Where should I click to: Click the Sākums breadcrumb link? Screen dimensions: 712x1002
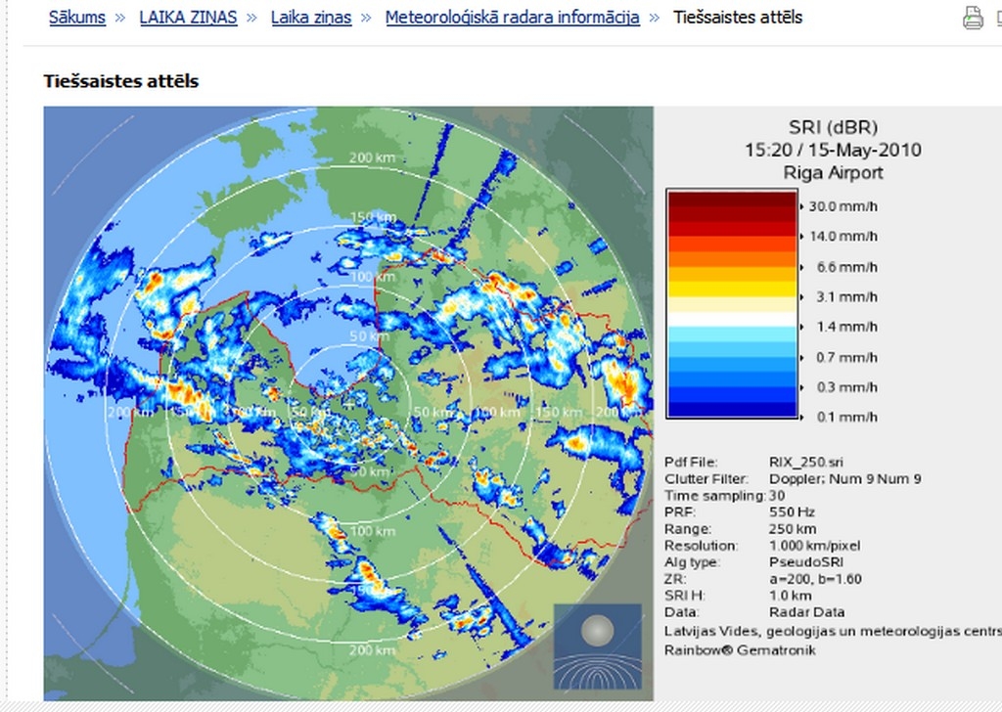click(x=77, y=18)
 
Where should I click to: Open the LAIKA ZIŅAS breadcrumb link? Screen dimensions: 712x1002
click(x=188, y=18)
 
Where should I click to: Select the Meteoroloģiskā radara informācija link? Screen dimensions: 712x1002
click(x=512, y=18)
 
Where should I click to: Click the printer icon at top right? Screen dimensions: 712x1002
click(x=973, y=18)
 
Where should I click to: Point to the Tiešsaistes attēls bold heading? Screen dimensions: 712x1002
click(x=121, y=81)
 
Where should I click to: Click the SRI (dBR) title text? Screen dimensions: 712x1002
click(x=833, y=127)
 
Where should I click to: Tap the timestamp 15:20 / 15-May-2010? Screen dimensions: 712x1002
click(x=833, y=151)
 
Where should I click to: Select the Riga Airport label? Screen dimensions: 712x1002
click(x=833, y=173)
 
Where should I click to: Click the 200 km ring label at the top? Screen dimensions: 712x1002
click(x=371, y=158)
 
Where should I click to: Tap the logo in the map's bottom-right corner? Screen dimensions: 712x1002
click(x=598, y=646)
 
